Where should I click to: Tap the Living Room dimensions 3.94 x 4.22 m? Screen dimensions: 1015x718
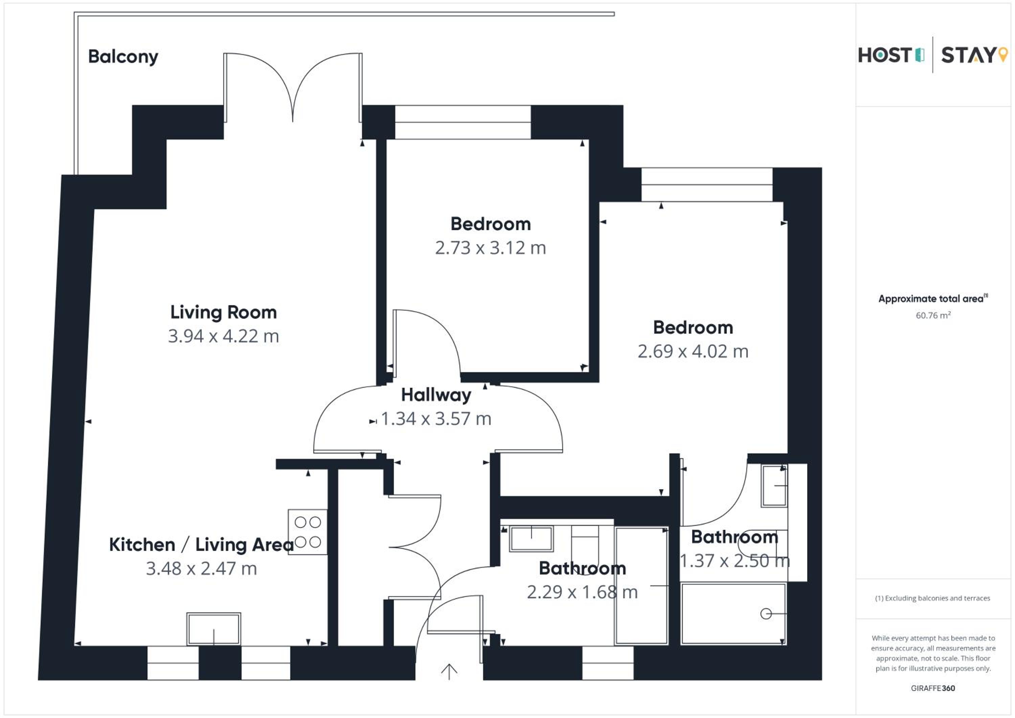[x=223, y=336]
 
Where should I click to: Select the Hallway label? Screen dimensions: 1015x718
[x=436, y=395]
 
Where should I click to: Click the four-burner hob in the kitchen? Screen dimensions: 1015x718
[x=308, y=532]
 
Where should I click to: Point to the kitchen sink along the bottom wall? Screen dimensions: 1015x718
[x=213, y=629]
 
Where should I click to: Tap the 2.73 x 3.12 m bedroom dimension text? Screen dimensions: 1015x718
[x=490, y=248]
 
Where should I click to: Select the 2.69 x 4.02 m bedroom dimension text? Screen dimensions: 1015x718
[x=693, y=352]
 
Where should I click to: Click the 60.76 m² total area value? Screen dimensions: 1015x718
[x=933, y=315]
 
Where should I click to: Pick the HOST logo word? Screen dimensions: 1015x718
[x=885, y=55]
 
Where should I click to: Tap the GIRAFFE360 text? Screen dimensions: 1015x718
[x=933, y=688]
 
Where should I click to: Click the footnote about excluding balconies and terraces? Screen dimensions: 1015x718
[x=932, y=598]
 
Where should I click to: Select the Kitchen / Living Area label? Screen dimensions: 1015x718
[x=201, y=545]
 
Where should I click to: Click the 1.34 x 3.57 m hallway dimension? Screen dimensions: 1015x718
[x=436, y=419]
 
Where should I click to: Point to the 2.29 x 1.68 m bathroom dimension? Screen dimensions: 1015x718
[x=582, y=592]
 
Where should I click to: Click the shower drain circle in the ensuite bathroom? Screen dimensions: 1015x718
[x=766, y=614]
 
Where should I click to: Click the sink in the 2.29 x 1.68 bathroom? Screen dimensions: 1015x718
[x=531, y=539]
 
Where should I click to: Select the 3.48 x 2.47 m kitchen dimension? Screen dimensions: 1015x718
[x=201, y=568]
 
